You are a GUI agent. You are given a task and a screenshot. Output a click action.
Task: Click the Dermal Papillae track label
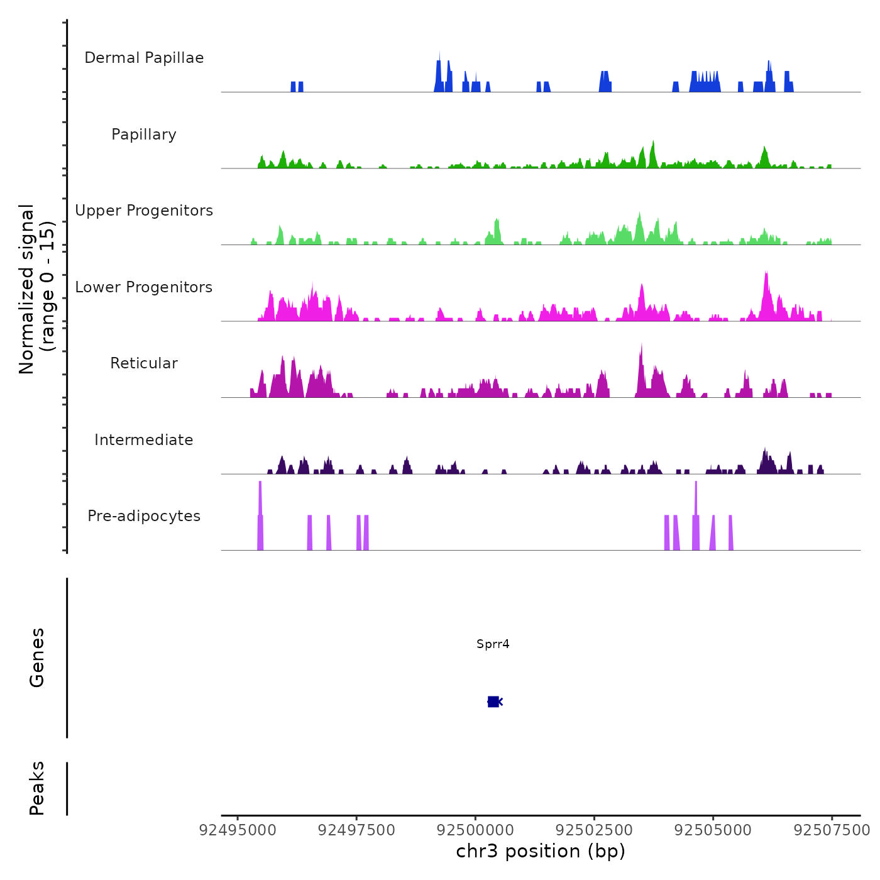pyautogui.click(x=144, y=58)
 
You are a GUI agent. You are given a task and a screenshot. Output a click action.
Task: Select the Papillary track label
pyautogui.click(x=144, y=135)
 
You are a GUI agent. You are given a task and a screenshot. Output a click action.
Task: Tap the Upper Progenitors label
pyautogui.click(x=144, y=211)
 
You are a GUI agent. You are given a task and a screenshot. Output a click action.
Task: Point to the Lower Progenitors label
pyautogui.click(x=144, y=287)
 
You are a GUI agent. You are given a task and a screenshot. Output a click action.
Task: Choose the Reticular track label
pyautogui.click(x=144, y=363)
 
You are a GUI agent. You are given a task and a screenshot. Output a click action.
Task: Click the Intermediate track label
pyautogui.click(x=144, y=440)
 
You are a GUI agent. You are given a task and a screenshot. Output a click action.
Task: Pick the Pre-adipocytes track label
pyautogui.click(x=144, y=516)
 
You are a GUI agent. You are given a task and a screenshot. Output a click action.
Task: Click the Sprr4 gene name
pyautogui.click(x=493, y=644)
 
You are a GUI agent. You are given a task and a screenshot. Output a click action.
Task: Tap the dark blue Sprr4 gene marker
pyautogui.click(x=493, y=701)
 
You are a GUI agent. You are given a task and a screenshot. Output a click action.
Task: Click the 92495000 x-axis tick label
pyautogui.click(x=238, y=830)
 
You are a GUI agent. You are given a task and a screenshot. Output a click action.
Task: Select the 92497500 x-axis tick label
pyautogui.click(x=356, y=830)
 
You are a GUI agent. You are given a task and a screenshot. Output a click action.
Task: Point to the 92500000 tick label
pyautogui.click(x=475, y=830)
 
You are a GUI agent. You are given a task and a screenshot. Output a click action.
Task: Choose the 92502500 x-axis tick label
pyautogui.click(x=594, y=830)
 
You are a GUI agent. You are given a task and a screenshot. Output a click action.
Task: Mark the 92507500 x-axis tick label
pyautogui.click(x=832, y=830)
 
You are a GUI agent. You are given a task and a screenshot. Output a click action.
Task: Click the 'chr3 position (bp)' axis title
pyautogui.click(x=541, y=852)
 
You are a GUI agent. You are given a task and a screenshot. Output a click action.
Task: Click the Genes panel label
pyautogui.click(x=37, y=657)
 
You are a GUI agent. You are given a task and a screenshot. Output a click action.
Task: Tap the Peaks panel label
pyautogui.click(x=37, y=788)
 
